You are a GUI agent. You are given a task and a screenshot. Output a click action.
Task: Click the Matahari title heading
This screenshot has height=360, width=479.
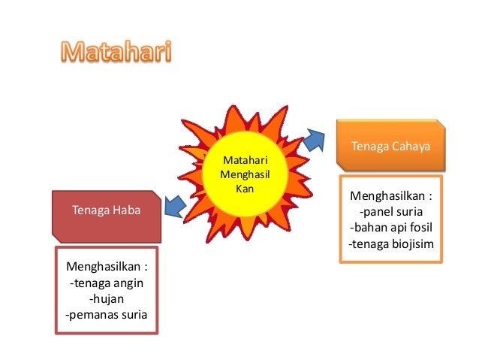click(116, 53)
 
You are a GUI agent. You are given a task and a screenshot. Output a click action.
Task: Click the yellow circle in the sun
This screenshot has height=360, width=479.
click(241, 174)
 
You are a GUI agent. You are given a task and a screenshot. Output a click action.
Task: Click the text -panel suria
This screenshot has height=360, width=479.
click(391, 213)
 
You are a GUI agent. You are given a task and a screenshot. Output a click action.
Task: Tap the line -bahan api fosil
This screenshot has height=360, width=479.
click(391, 228)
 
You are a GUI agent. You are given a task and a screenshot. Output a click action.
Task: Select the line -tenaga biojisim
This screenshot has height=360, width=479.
click(391, 244)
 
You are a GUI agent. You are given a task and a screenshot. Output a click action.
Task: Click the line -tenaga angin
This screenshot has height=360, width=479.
click(107, 283)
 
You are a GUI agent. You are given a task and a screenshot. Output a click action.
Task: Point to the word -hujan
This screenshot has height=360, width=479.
click(107, 299)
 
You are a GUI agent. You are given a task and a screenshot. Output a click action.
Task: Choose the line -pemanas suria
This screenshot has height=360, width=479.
click(107, 315)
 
